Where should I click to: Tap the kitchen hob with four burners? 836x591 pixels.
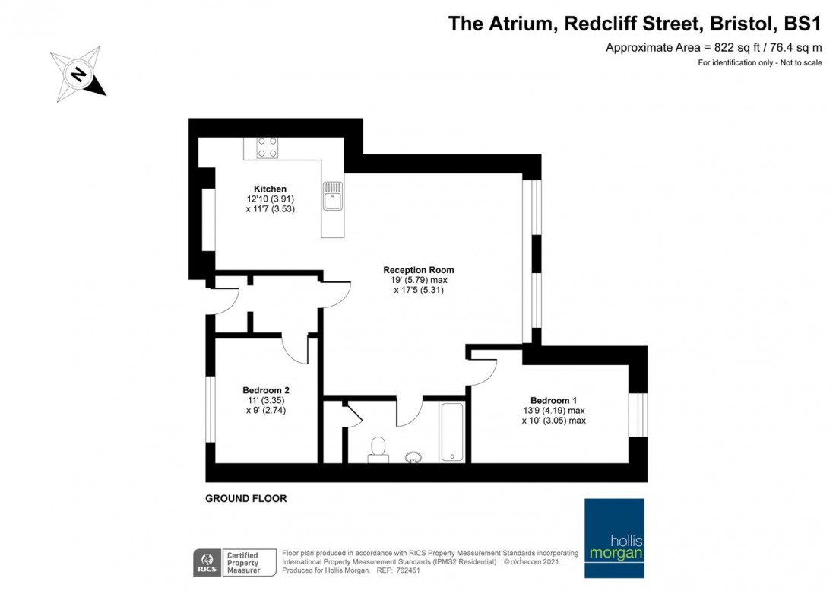267,147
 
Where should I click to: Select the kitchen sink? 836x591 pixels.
333,197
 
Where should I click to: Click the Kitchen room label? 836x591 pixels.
270,189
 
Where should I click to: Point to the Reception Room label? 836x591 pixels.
418,270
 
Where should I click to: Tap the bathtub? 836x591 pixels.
452,432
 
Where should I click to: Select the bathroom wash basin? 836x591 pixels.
413,457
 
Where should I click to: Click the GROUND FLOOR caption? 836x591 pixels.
246,499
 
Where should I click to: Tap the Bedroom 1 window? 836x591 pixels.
642,414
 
